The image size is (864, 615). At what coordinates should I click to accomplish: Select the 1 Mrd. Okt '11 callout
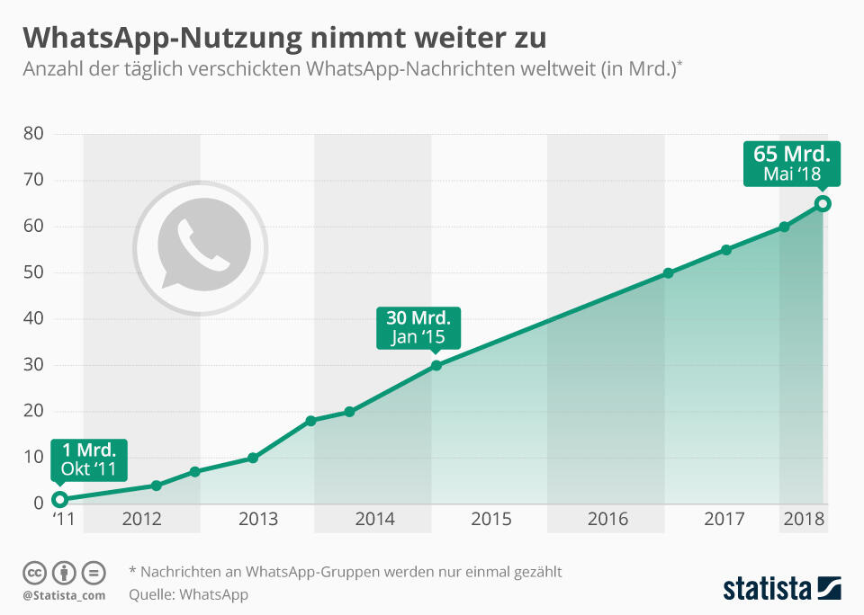pyautogui.click(x=89, y=459)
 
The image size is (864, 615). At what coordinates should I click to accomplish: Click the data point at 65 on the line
pyautogui.click(x=823, y=204)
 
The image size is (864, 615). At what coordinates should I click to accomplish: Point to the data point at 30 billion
pyautogui.click(x=436, y=365)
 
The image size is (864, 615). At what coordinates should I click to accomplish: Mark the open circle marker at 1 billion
pyautogui.click(x=59, y=499)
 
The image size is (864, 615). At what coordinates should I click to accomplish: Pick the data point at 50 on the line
pyautogui.click(x=668, y=273)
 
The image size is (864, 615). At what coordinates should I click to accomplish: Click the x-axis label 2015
pyautogui.click(x=490, y=520)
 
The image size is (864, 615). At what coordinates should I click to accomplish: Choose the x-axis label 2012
pyautogui.click(x=141, y=520)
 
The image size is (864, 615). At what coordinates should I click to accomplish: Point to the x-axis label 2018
pyautogui.click(x=804, y=520)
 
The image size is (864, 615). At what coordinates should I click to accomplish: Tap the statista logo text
pyautogui.click(x=765, y=589)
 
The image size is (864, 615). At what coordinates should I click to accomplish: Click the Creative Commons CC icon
pyautogui.click(x=35, y=573)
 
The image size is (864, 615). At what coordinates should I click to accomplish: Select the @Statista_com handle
pyautogui.click(x=64, y=595)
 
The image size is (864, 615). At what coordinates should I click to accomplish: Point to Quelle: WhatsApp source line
pyautogui.click(x=188, y=594)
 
